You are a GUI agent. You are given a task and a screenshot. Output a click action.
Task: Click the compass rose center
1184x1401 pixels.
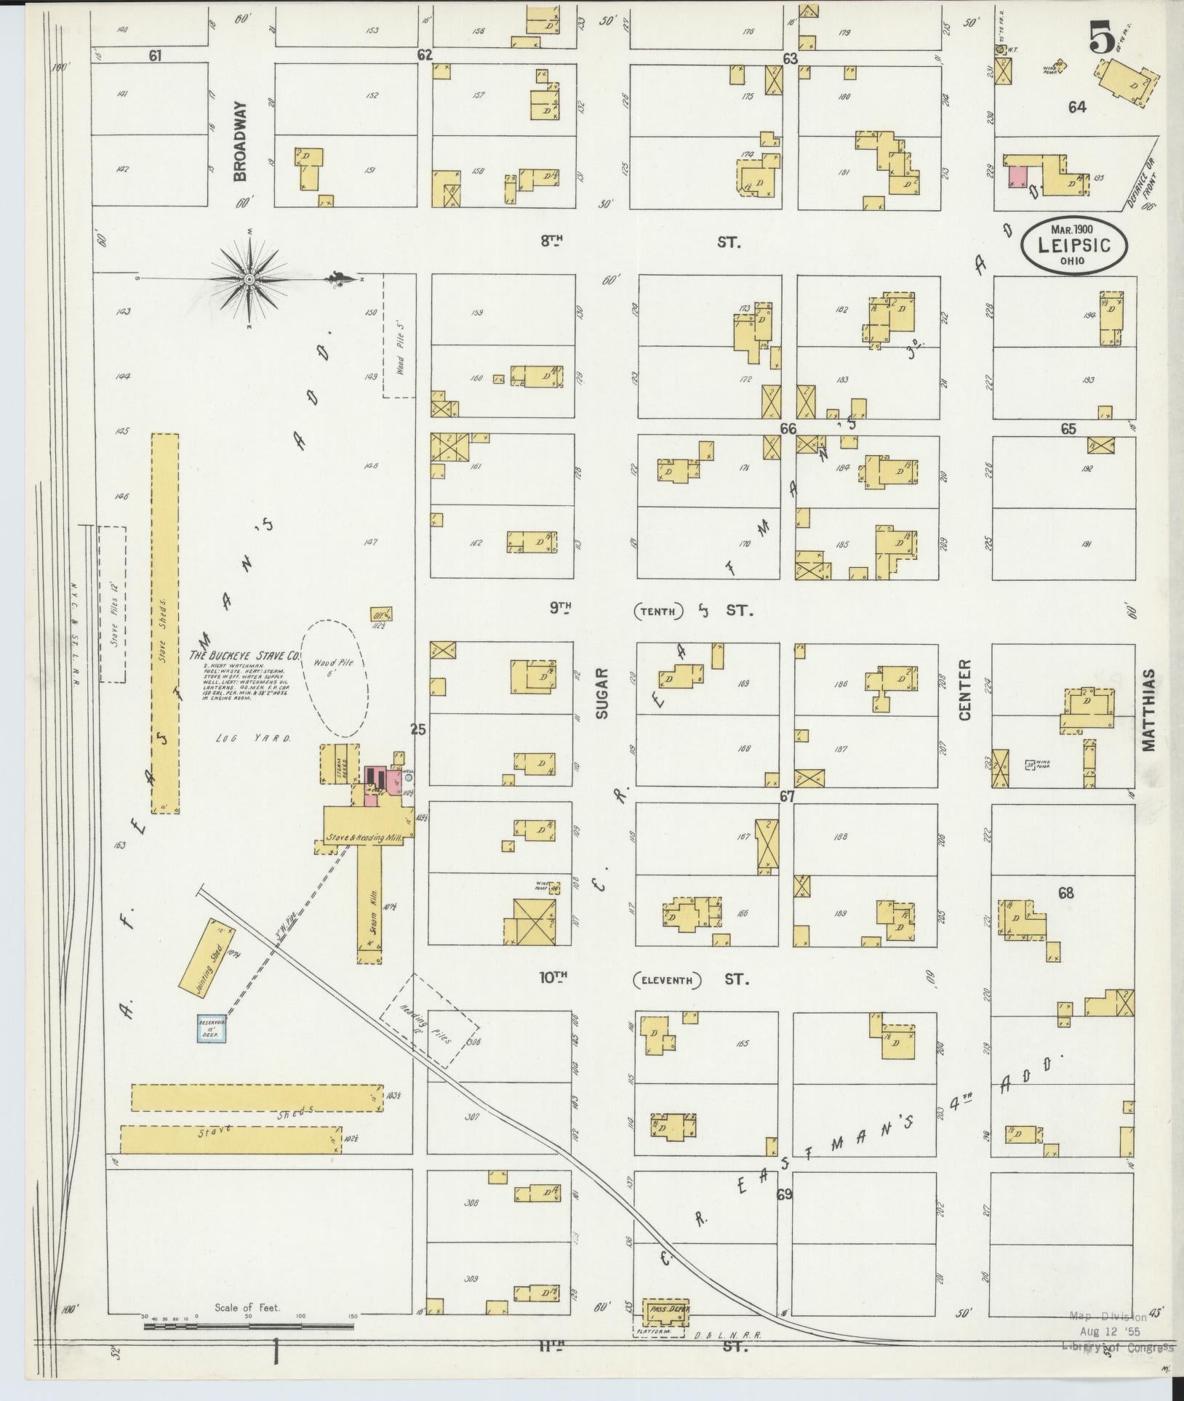point(249,278)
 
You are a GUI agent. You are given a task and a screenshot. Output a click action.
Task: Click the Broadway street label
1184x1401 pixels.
point(241,141)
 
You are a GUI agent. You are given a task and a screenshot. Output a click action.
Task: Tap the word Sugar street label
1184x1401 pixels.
point(602,695)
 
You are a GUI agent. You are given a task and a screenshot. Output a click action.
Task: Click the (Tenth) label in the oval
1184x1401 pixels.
point(658,612)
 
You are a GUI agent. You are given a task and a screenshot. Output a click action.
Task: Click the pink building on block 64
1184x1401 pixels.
point(1017,177)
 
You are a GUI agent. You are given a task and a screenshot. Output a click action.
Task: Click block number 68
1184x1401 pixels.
point(1065,894)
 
